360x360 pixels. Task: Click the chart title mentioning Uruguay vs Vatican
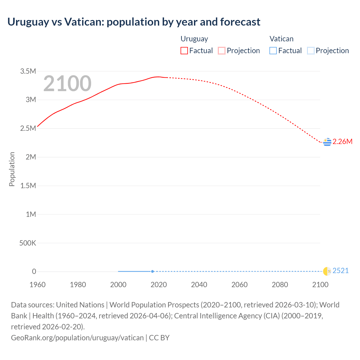(134, 22)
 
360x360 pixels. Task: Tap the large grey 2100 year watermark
(67, 84)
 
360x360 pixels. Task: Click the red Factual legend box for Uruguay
(184, 51)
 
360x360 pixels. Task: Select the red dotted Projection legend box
(222, 51)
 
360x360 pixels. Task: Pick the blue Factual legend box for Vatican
(273, 51)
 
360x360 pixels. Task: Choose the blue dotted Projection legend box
(310, 51)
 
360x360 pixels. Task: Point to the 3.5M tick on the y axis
(28, 71)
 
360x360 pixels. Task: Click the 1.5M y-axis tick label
(28, 186)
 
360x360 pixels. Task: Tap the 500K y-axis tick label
(28, 243)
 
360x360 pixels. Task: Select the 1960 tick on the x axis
(37, 285)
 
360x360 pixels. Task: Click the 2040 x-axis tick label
(199, 285)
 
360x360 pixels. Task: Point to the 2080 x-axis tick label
(280, 285)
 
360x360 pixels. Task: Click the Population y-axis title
(12, 169)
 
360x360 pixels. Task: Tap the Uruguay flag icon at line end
(327, 142)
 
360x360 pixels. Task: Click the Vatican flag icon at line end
(327, 271)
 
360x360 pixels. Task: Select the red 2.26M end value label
(342, 141)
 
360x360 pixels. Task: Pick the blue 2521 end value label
(340, 271)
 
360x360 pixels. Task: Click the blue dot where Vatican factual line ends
(152, 271)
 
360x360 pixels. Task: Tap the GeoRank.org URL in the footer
(77, 337)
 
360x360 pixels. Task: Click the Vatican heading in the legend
(281, 39)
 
